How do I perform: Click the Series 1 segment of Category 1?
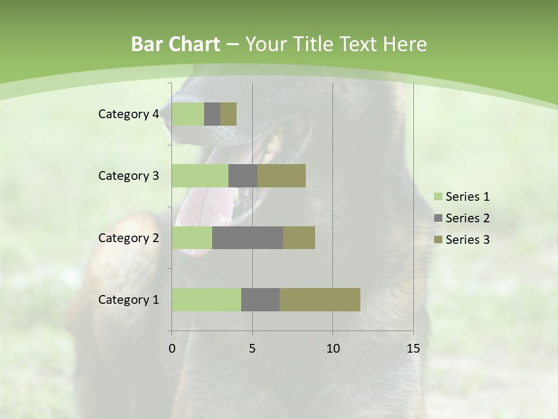point(206,300)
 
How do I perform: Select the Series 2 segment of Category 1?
point(260,300)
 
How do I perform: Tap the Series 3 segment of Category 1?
point(320,300)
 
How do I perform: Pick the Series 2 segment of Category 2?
point(248,237)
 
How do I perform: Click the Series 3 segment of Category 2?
point(299,237)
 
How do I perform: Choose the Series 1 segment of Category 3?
point(200,176)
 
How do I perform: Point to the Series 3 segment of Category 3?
point(281,176)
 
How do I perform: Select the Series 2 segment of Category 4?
point(212,114)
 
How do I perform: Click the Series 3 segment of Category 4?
point(228,114)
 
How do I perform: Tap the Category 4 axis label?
point(128,114)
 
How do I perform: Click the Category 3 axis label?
point(128,176)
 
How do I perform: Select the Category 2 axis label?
point(128,237)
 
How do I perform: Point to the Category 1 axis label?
point(128,300)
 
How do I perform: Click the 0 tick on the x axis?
point(172,349)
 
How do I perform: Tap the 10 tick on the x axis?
point(332,349)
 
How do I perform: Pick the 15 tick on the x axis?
point(413,349)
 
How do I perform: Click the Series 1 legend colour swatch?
point(438,197)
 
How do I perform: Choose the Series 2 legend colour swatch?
point(438,218)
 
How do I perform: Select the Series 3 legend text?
point(467,240)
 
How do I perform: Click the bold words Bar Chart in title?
point(175,44)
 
